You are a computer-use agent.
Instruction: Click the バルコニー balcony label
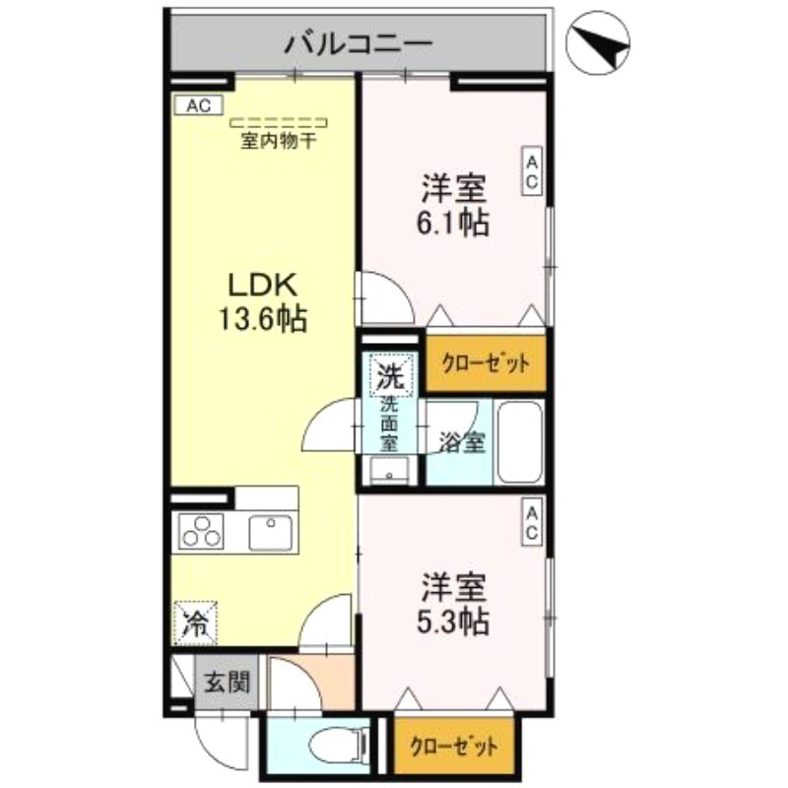359,43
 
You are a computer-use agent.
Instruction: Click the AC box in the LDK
199,103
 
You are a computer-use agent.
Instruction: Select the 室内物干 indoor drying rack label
279,140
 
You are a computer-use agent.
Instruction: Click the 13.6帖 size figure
262,318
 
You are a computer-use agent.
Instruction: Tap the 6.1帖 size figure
453,222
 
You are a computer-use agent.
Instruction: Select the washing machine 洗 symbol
391,375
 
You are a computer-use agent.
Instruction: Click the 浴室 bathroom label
460,443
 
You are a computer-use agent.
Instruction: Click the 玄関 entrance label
227,682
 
